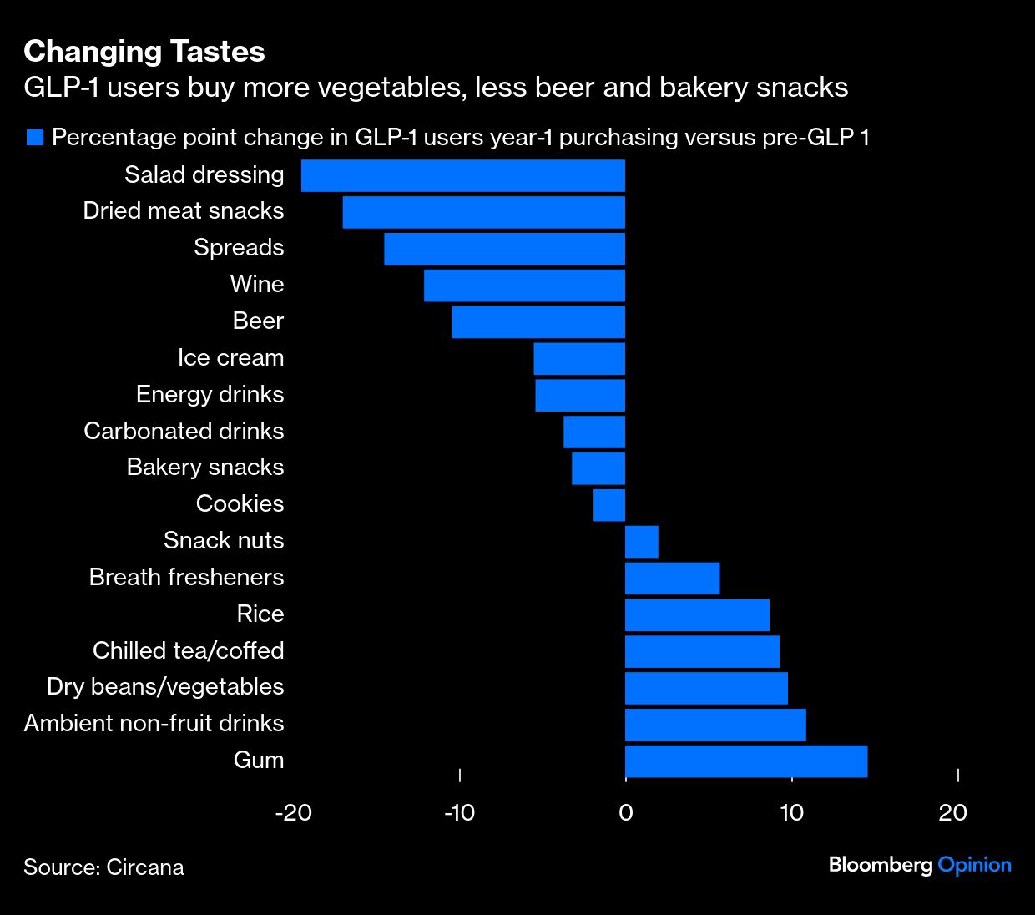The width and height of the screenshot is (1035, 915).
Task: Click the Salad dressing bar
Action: click(463, 175)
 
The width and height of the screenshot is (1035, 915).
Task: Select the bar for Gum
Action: click(746, 761)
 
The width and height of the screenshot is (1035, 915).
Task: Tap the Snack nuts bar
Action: click(642, 542)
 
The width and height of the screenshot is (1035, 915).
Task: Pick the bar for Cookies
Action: click(609, 505)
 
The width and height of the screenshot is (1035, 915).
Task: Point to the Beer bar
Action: click(538, 322)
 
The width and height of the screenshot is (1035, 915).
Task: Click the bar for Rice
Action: click(697, 614)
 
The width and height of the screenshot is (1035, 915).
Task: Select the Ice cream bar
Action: click(579, 359)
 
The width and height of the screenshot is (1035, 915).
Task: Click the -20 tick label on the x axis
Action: click(293, 812)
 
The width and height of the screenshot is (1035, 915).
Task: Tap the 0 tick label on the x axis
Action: click(625, 812)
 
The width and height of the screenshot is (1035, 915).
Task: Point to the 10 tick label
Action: click(791, 812)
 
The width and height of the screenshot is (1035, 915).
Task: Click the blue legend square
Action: click(34, 137)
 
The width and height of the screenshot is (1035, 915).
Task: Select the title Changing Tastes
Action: click(144, 52)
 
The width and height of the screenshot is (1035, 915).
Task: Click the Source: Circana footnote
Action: click(103, 867)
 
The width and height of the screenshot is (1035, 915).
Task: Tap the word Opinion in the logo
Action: click(974, 865)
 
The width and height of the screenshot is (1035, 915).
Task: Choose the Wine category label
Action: click(257, 285)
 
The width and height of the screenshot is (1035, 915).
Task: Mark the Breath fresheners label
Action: click(186, 578)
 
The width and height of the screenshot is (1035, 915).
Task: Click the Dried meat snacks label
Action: click(184, 211)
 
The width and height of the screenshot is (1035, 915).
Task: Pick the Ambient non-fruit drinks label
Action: click(154, 724)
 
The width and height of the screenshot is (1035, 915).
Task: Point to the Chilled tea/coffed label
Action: click(189, 650)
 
